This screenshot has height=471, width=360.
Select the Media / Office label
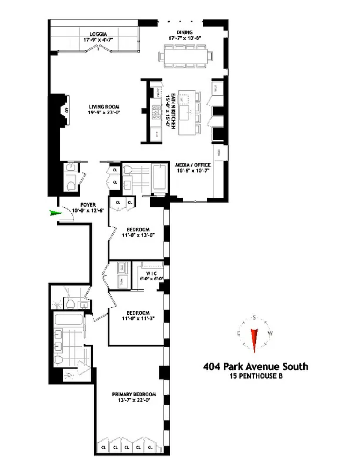(195, 166)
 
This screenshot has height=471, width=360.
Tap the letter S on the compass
(254, 318)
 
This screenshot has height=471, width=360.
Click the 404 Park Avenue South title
(255, 367)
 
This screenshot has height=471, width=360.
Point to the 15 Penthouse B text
(255, 377)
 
